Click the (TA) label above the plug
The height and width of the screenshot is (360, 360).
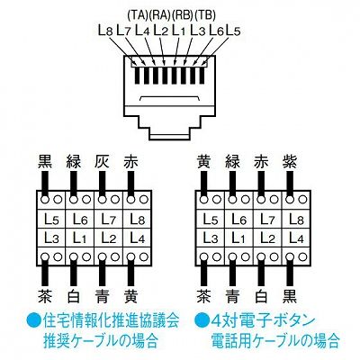(138, 15)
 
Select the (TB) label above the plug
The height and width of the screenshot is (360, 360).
(205, 15)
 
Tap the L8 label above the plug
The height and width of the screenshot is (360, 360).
(105, 31)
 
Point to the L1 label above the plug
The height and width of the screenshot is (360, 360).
(179, 31)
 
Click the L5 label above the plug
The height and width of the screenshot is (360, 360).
(233, 31)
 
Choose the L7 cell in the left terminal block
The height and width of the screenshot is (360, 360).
(109, 219)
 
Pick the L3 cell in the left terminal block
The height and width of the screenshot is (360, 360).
(51, 238)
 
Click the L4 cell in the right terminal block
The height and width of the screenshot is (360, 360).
(296, 238)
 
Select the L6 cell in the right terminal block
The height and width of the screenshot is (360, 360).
(239, 219)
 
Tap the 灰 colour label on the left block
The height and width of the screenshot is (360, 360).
(102, 162)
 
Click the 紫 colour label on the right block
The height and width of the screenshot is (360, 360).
(290, 162)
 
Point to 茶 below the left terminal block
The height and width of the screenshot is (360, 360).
(45, 296)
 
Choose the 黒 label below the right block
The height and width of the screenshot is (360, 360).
(290, 296)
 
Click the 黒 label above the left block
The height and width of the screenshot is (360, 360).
(45, 162)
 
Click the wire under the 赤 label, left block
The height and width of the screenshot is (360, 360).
(130, 184)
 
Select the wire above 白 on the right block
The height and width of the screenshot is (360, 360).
(261, 272)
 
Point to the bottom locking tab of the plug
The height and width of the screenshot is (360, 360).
(170, 137)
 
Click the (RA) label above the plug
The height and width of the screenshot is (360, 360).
(160, 15)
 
